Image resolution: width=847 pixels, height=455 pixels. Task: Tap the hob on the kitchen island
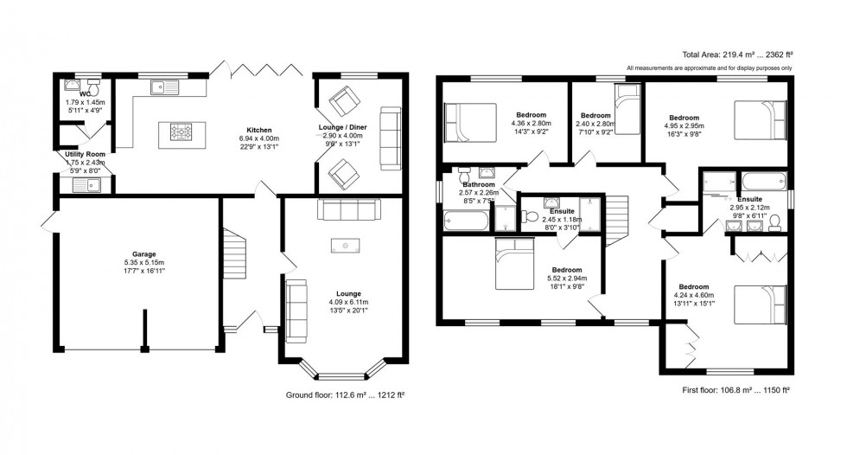pos(182,132)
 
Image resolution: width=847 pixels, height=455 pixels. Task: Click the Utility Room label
pos(85,154)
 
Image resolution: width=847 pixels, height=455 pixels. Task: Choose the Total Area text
pos(740,54)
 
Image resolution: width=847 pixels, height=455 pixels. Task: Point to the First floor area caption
pos(735,391)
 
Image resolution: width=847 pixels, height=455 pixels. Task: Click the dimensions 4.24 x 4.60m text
pos(693,295)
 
